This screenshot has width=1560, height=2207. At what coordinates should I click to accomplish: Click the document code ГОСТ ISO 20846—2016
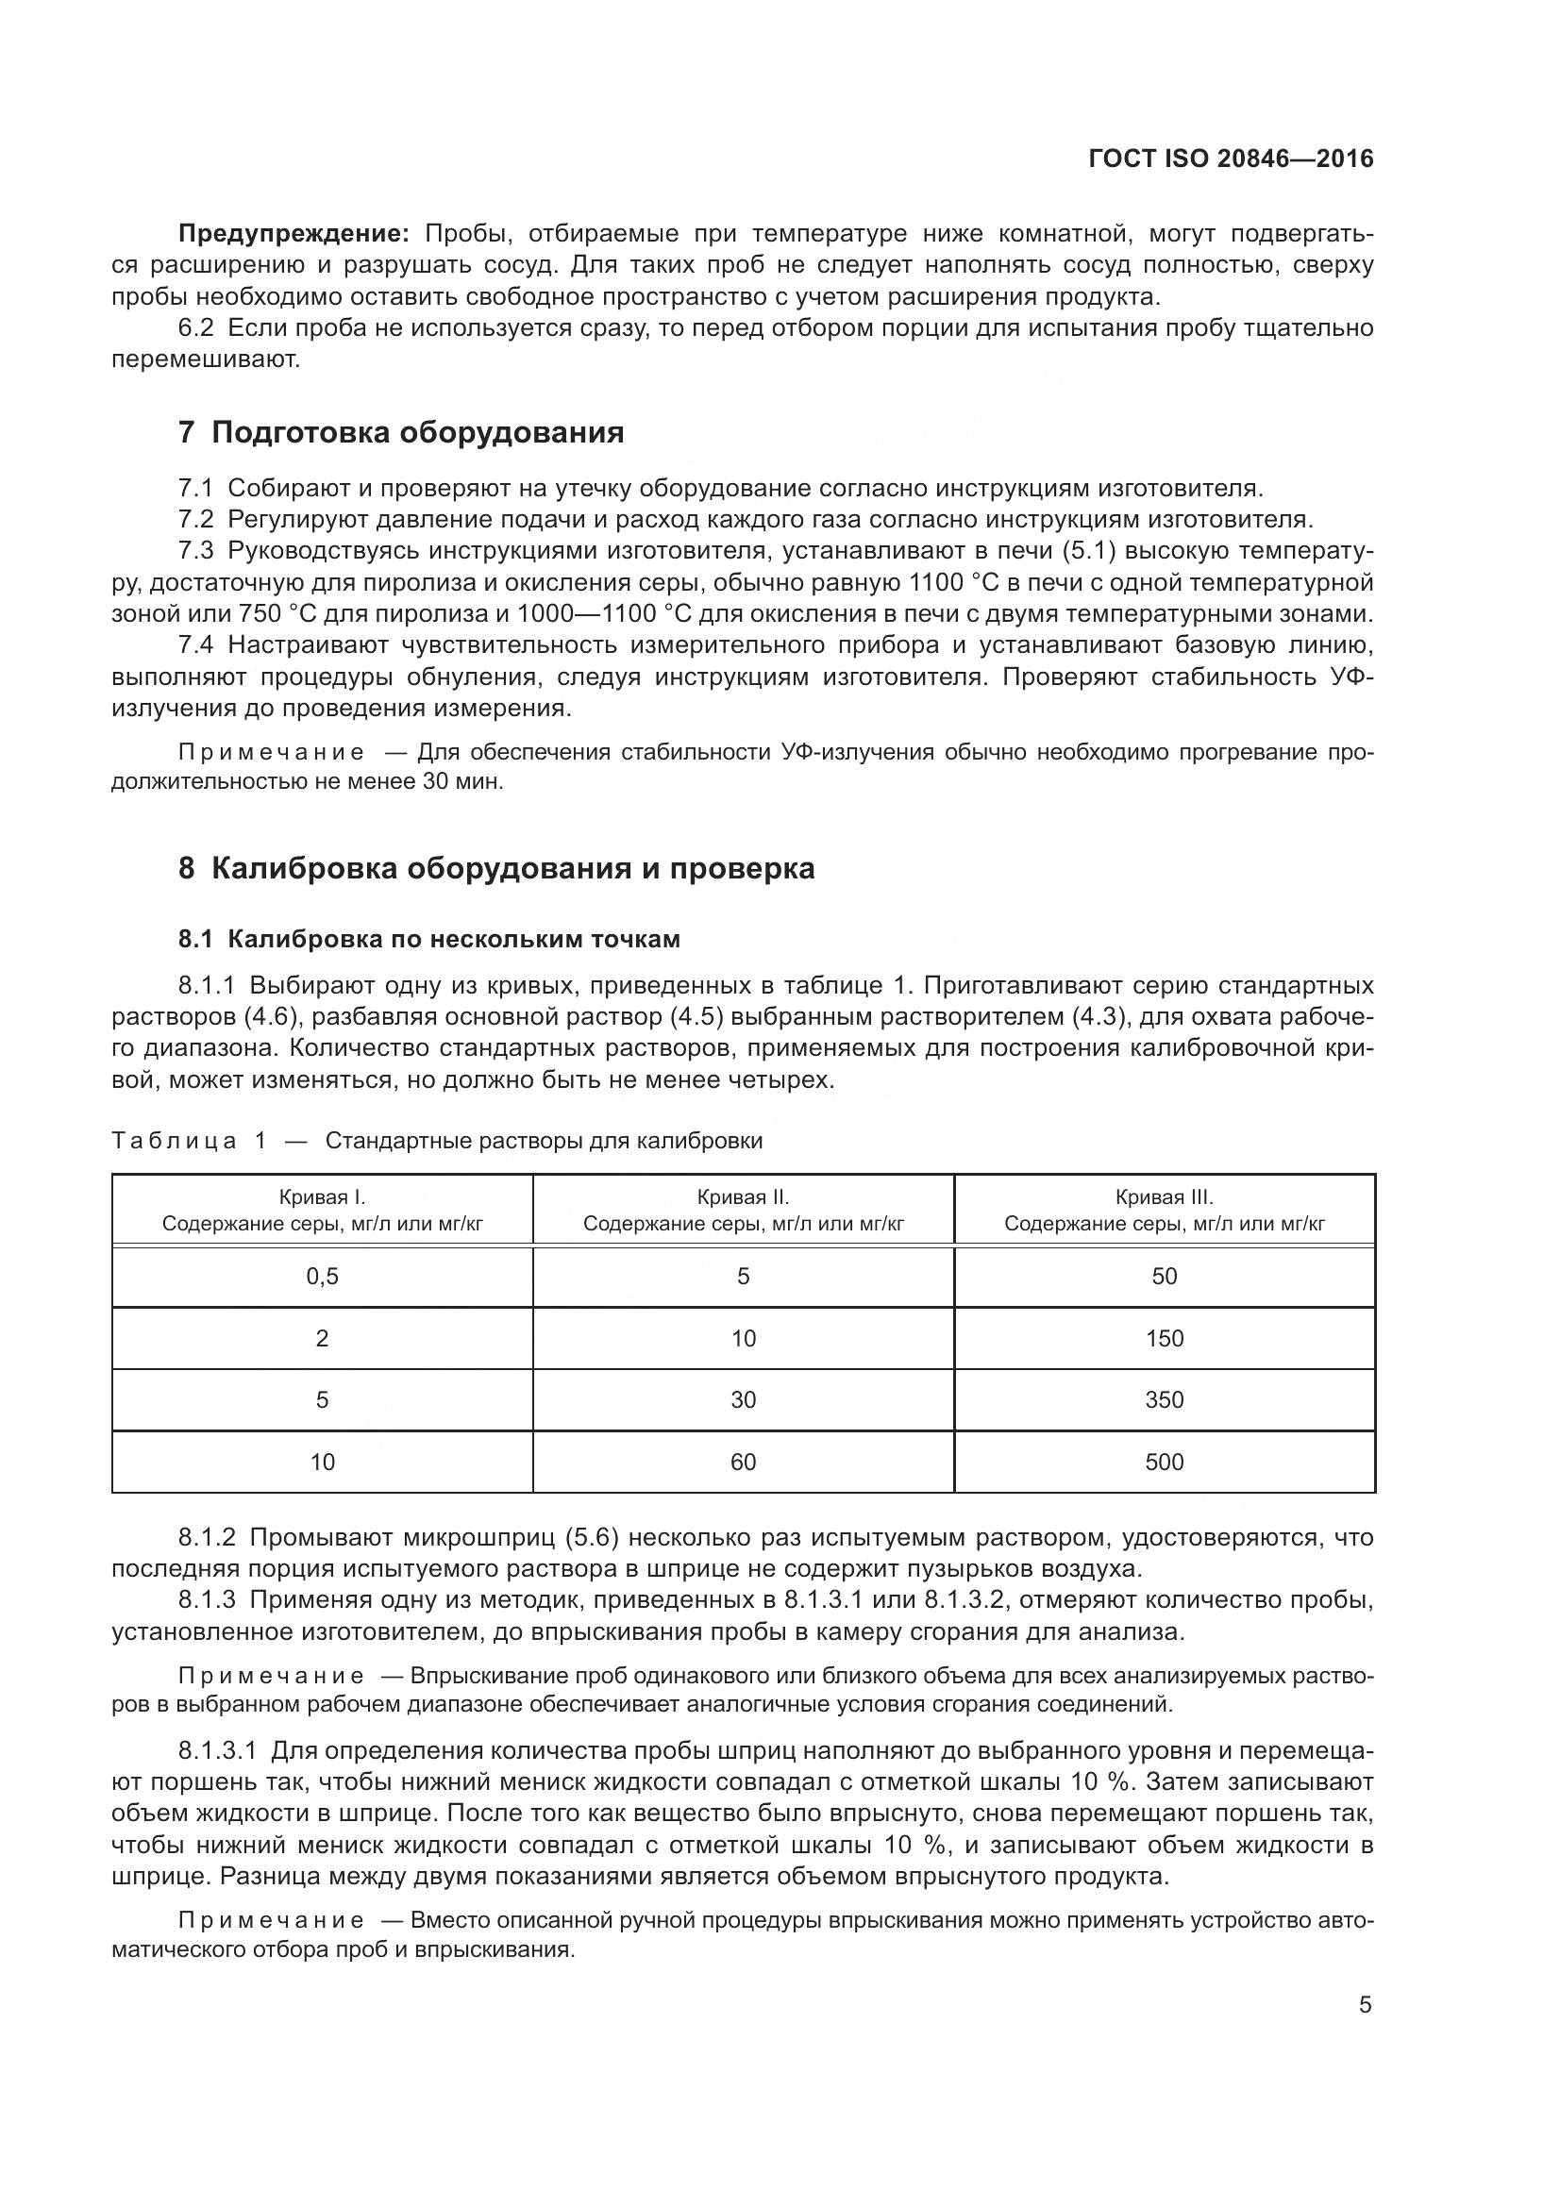pos(1231,159)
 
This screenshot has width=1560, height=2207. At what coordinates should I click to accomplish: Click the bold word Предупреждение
pos(294,234)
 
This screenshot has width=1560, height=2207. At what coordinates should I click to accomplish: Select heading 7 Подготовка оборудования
pos(401,432)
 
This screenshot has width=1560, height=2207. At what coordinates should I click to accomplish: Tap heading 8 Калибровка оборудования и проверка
pos(496,868)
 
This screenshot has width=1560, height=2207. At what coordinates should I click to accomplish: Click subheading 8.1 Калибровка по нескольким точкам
pos(428,939)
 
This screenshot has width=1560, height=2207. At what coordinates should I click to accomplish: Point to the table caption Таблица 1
pos(189,1141)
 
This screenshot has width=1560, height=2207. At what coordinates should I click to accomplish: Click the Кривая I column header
pos(322,1211)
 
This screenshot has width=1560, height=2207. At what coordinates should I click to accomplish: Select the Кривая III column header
pos(1164,1211)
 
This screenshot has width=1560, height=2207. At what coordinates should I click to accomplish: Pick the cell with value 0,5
pos(322,1277)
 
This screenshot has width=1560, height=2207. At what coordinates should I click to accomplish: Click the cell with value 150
pos(1164,1338)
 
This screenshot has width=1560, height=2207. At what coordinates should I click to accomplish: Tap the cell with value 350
pos(1164,1399)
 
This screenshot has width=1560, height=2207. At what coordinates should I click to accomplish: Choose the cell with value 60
pos(743,1462)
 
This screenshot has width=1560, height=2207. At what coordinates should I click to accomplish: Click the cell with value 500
pos(1164,1462)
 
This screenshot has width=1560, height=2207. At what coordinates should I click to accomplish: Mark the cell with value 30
pos(743,1399)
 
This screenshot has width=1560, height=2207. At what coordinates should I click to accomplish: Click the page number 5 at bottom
pos(1365,2005)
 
